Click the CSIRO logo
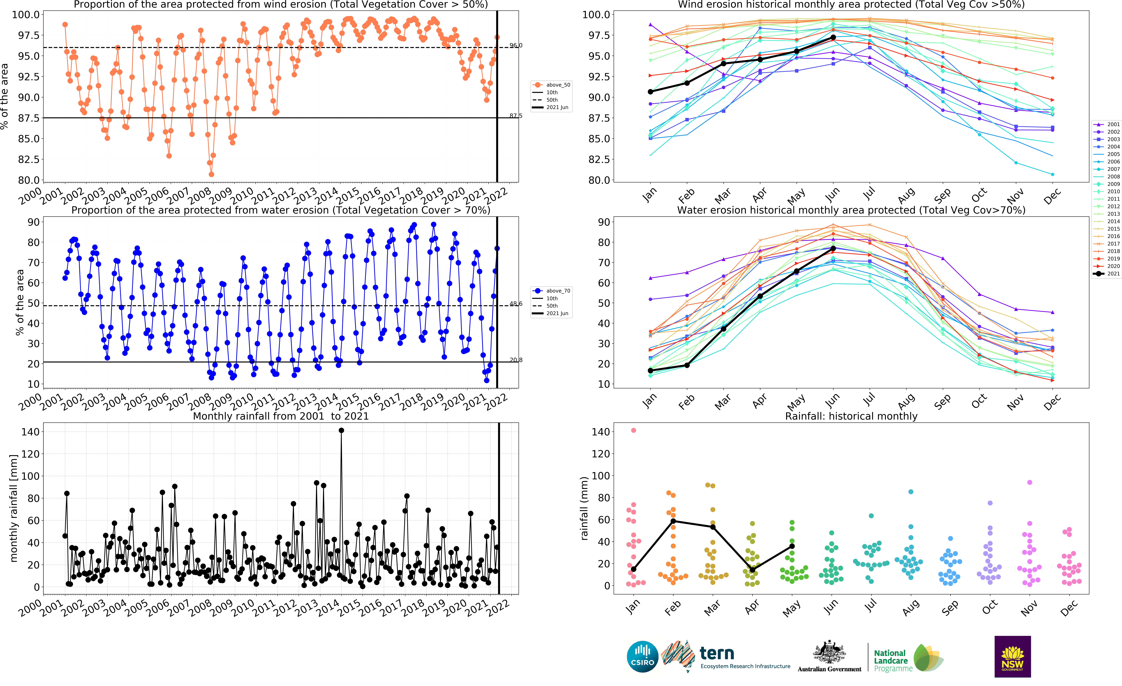[642, 656]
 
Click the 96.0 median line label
[515, 46]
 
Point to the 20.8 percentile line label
[515, 360]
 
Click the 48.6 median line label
[515, 304]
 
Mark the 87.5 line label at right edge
[515, 116]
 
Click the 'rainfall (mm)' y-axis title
[584, 508]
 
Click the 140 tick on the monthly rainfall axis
[30, 431]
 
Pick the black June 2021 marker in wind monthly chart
[833, 37]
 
